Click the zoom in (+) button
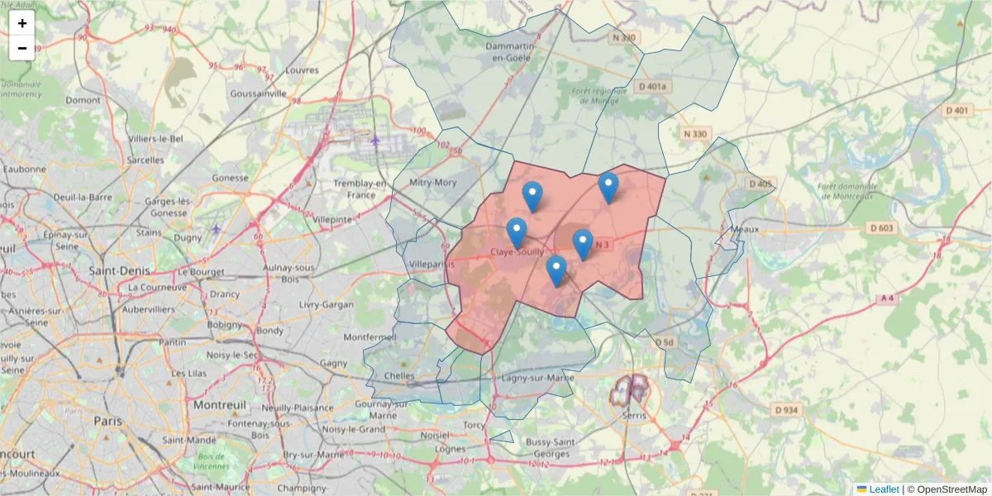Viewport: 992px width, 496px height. point(22,23)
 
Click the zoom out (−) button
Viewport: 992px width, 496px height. point(22,48)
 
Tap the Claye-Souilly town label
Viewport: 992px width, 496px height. point(517,251)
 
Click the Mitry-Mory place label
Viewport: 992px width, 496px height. point(433,182)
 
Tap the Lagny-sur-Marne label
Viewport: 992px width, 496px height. point(537,378)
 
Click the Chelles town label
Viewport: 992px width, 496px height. point(399,375)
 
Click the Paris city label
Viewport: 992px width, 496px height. point(107,421)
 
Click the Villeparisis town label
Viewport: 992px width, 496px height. point(432,265)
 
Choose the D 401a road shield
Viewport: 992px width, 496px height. point(652,86)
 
